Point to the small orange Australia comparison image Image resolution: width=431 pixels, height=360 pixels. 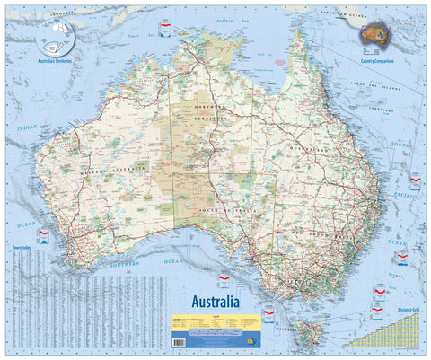click(x=376, y=33)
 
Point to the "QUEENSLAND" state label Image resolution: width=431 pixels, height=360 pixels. click(x=308, y=149)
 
